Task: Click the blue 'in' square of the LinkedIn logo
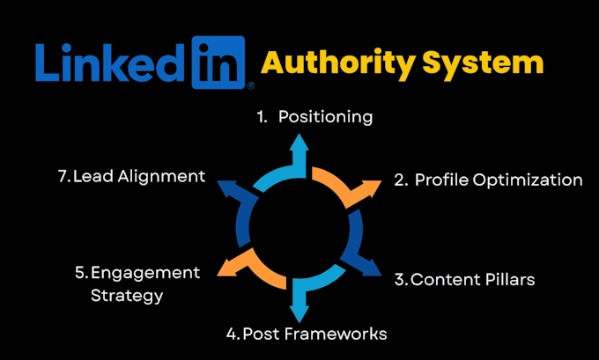pos(218,62)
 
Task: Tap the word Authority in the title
pos(338,63)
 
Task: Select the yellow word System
pos(483,64)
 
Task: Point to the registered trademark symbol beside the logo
pos(250,86)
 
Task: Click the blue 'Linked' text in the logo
pos(110,62)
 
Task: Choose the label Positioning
pos(325,117)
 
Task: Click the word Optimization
pos(528,180)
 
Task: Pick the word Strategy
pos(127,296)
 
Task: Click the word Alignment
pos(161,177)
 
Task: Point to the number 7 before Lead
pos(63,176)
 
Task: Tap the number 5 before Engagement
pos(80,273)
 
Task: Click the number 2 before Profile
pos(399,180)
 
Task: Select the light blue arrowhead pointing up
pos(299,142)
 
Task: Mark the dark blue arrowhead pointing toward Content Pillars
pos(370,267)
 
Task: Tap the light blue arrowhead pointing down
pos(299,314)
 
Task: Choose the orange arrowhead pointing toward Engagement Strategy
pos(228,268)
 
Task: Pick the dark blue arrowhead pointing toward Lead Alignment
pos(228,187)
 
